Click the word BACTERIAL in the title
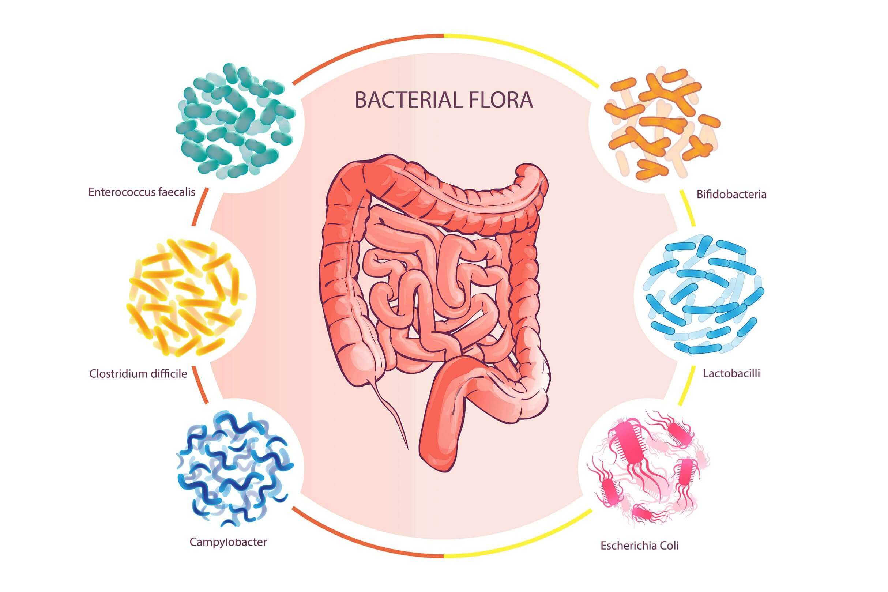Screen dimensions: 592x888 (406, 100)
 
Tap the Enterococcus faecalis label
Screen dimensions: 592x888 (142, 192)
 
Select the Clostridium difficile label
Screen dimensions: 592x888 (138, 374)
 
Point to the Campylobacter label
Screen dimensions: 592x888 (228, 542)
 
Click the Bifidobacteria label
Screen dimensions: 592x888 (731, 195)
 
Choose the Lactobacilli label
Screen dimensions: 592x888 (731, 373)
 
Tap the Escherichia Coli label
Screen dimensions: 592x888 (640, 546)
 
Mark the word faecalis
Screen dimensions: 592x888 (177, 192)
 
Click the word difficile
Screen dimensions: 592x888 (168, 374)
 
